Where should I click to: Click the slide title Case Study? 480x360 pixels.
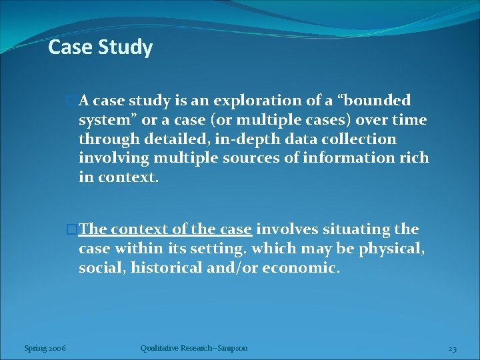point(101,47)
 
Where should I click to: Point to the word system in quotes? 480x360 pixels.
point(103,120)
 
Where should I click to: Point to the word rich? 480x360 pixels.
point(416,159)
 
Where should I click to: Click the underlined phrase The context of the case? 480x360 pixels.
point(165,229)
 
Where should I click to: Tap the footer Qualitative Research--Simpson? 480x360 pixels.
point(193,347)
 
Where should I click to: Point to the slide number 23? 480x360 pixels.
point(451,347)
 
